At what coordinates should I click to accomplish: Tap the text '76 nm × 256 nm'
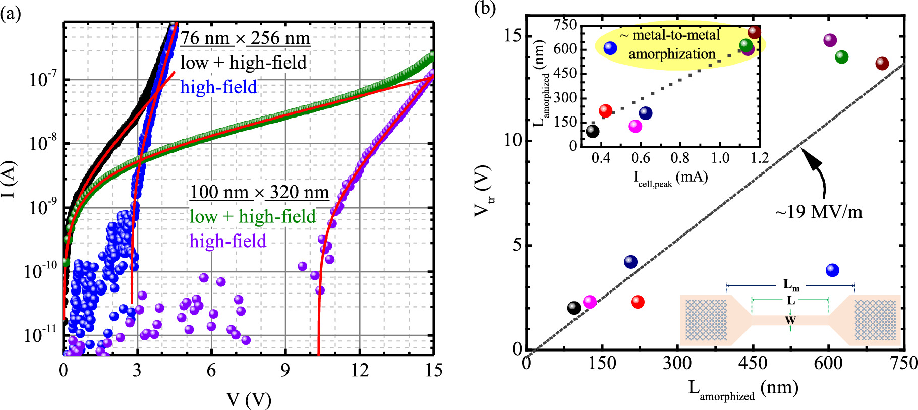click(x=245, y=38)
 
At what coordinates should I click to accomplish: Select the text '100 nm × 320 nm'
click(x=259, y=193)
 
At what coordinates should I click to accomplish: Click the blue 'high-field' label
click(x=219, y=87)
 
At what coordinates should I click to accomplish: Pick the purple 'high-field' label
click(x=228, y=242)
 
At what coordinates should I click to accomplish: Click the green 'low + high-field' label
click(x=253, y=217)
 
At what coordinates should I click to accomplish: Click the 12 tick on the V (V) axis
click(x=359, y=371)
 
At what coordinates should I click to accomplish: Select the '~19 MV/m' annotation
click(x=819, y=212)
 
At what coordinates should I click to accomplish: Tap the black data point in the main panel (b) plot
click(x=573, y=308)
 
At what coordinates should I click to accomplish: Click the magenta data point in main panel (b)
click(x=590, y=302)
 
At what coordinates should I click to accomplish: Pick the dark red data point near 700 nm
click(x=882, y=64)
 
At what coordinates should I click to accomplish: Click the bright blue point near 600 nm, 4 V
click(x=832, y=270)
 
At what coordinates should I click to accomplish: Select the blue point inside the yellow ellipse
click(x=610, y=48)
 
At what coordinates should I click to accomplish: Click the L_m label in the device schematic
click(x=791, y=286)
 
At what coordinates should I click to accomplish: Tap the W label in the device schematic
click(x=790, y=320)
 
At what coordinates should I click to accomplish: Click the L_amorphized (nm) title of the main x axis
click(x=743, y=389)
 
